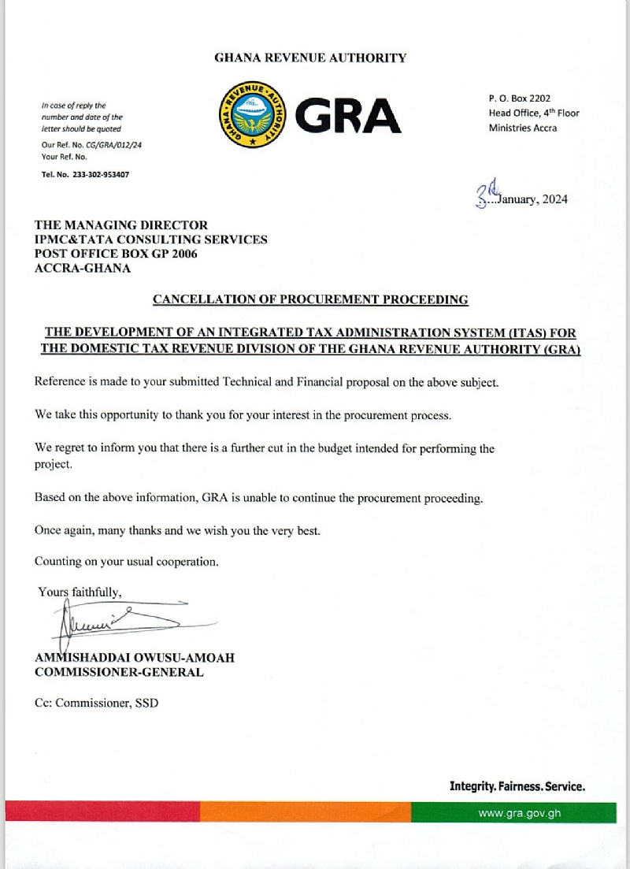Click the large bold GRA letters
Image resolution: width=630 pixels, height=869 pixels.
[x=348, y=117]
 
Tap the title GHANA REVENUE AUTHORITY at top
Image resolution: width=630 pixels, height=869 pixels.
[x=310, y=58]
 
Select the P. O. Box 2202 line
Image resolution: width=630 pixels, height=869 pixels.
[x=519, y=98]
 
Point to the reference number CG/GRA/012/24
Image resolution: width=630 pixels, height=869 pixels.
[x=113, y=145]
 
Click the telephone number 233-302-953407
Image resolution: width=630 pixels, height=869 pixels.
[x=101, y=174]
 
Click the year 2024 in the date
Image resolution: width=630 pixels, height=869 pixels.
[x=554, y=199]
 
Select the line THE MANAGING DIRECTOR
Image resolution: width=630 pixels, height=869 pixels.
[x=121, y=225]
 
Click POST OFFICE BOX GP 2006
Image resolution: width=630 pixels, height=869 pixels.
[x=116, y=254]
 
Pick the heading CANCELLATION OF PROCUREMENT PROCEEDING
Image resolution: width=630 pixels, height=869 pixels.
[x=310, y=299]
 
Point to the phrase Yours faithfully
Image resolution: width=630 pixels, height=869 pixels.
[x=80, y=592]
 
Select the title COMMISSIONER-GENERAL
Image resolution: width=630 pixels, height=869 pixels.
[x=119, y=672]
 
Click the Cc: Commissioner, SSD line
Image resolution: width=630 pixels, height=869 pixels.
[x=96, y=702]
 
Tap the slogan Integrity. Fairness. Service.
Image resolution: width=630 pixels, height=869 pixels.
[x=517, y=786]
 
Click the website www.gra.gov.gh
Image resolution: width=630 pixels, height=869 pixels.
[x=519, y=813]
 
